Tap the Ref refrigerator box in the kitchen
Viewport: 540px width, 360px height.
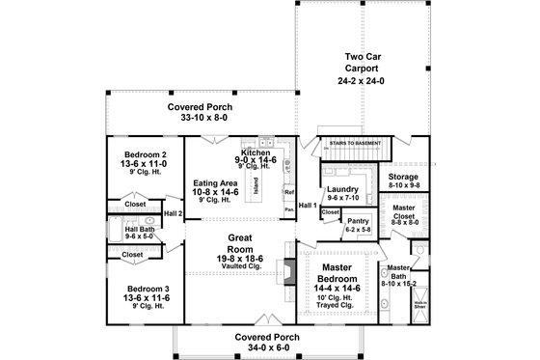point(288,192)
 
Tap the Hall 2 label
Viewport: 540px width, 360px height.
point(173,213)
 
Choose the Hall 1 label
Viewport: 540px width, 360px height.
point(308,207)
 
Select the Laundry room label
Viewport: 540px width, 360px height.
point(343,189)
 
